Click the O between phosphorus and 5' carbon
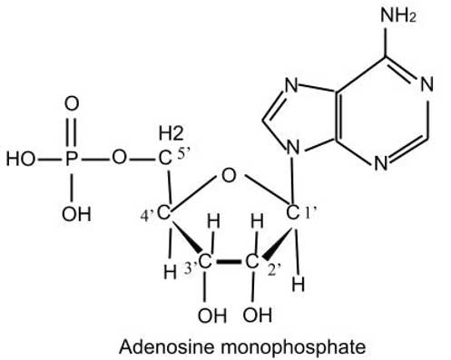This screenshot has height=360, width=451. [119, 161]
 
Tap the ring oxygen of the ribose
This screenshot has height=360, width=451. [229, 173]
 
